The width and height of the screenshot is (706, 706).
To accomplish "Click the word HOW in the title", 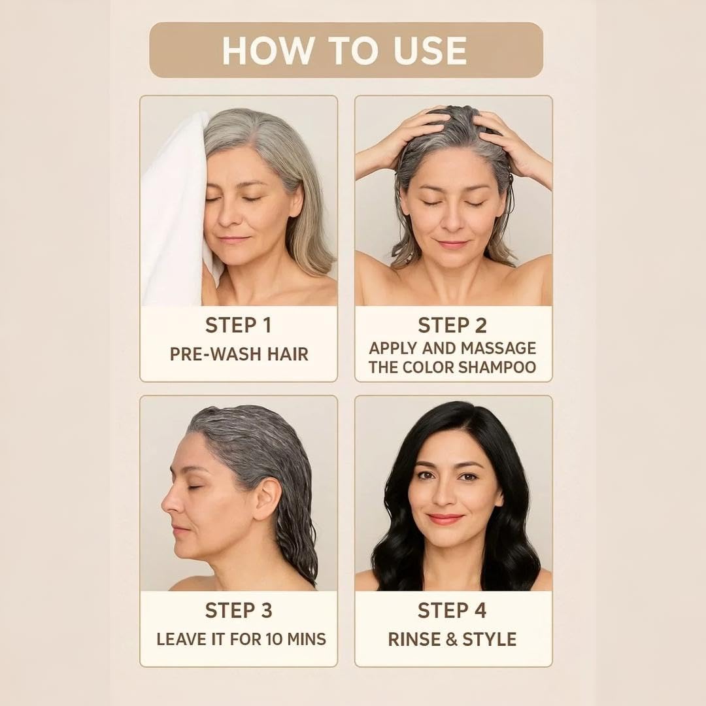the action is pyautogui.click(x=269, y=50).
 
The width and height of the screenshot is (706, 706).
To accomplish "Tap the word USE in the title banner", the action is pyautogui.click(x=430, y=50).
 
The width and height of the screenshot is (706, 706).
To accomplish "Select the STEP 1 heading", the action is pyautogui.click(x=238, y=325).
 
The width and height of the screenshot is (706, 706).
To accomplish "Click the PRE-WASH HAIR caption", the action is pyautogui.click(x=239, y=354).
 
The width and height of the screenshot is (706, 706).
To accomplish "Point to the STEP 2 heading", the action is pyautogui.click(x=452, y=325).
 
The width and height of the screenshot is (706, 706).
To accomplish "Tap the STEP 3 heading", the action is pyautogui.click(x=239, y=611).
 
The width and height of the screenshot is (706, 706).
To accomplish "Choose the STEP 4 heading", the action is pyautogui.click(x=452, y=611).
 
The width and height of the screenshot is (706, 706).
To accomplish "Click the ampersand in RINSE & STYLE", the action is pyautogui.click(x=451, y=640).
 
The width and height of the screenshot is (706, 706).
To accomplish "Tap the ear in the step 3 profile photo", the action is pyautogui.click(x=267, y=499).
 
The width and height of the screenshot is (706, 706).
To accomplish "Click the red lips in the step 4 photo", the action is pyautogui.click(x=445, y=518).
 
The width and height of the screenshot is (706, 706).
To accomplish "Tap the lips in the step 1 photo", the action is pyautogui.click(x=233, y=239).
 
